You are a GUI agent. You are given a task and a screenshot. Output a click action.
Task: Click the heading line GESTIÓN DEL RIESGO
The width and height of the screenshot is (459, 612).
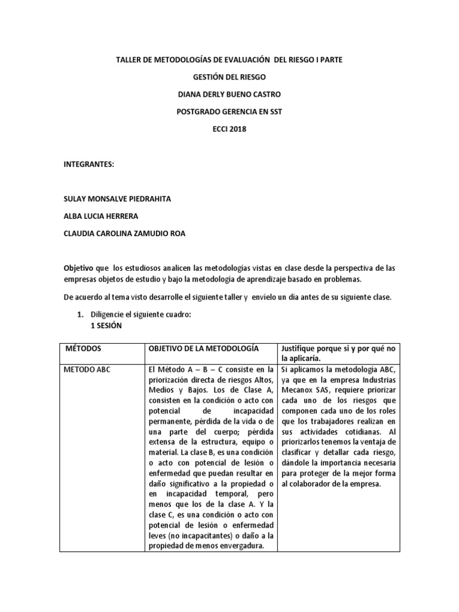tap(229, 77)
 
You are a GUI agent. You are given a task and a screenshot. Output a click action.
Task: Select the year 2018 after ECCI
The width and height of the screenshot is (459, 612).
tap(237, 128)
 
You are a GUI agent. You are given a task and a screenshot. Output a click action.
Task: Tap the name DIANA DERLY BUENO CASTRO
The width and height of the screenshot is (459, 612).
tap(229, 94)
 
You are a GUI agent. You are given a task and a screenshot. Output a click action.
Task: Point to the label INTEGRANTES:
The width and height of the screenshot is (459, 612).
tap(88, 164)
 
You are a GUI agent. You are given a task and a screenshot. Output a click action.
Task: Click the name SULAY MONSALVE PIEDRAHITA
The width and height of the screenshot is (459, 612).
tap(117, 198)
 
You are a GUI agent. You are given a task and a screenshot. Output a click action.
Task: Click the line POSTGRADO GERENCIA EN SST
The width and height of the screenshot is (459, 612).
tap(229, 111)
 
